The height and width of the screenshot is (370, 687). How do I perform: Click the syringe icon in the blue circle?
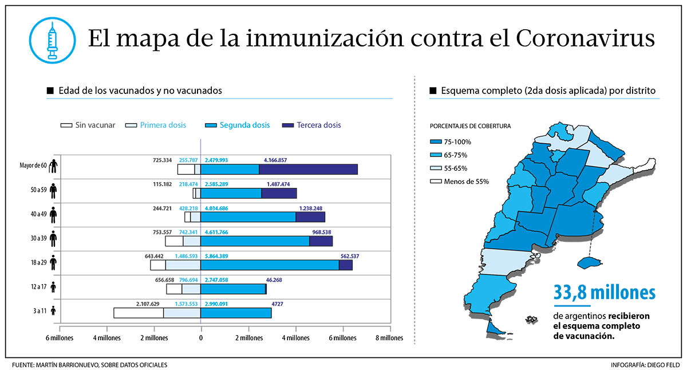tap(53, 40)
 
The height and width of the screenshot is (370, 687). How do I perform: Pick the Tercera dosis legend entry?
tap(313, 125)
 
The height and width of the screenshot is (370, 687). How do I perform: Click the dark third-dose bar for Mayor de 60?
tap(308, 169)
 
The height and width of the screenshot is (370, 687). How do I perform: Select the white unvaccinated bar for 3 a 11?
tap(138, 313)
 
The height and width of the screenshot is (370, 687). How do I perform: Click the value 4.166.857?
tap(275, 160)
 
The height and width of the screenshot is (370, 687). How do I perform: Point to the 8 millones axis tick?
tap(389, 338)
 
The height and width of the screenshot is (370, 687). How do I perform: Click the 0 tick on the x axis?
tap(201, 338)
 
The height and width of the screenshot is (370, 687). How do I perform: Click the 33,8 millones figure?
tap(604, 293)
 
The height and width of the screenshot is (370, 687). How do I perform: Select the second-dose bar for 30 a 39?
tap(255, 241)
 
